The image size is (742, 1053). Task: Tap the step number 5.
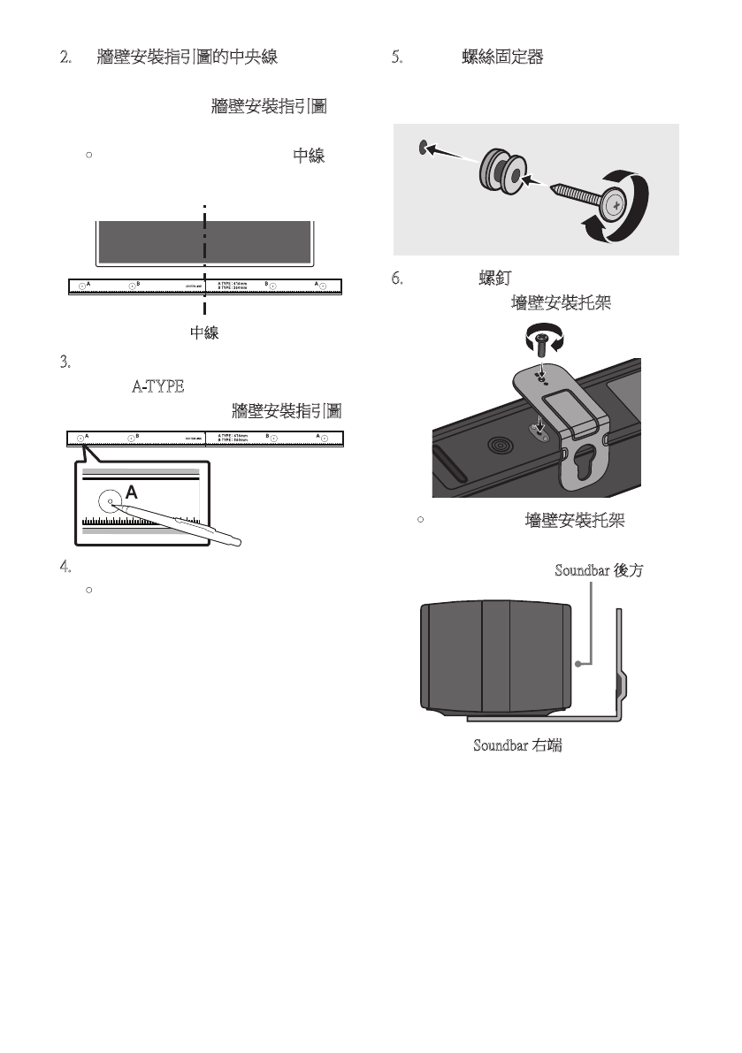(397, 58)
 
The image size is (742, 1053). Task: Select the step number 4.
(64, 566)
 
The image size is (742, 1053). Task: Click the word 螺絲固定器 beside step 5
(502, 58)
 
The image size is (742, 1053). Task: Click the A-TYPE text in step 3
(157, 386)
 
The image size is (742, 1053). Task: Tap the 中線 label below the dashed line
(204, 333)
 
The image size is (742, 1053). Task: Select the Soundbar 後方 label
(598, 570)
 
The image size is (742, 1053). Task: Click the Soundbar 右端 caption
(517, 745)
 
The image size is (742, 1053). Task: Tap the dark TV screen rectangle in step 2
(203, 241)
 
